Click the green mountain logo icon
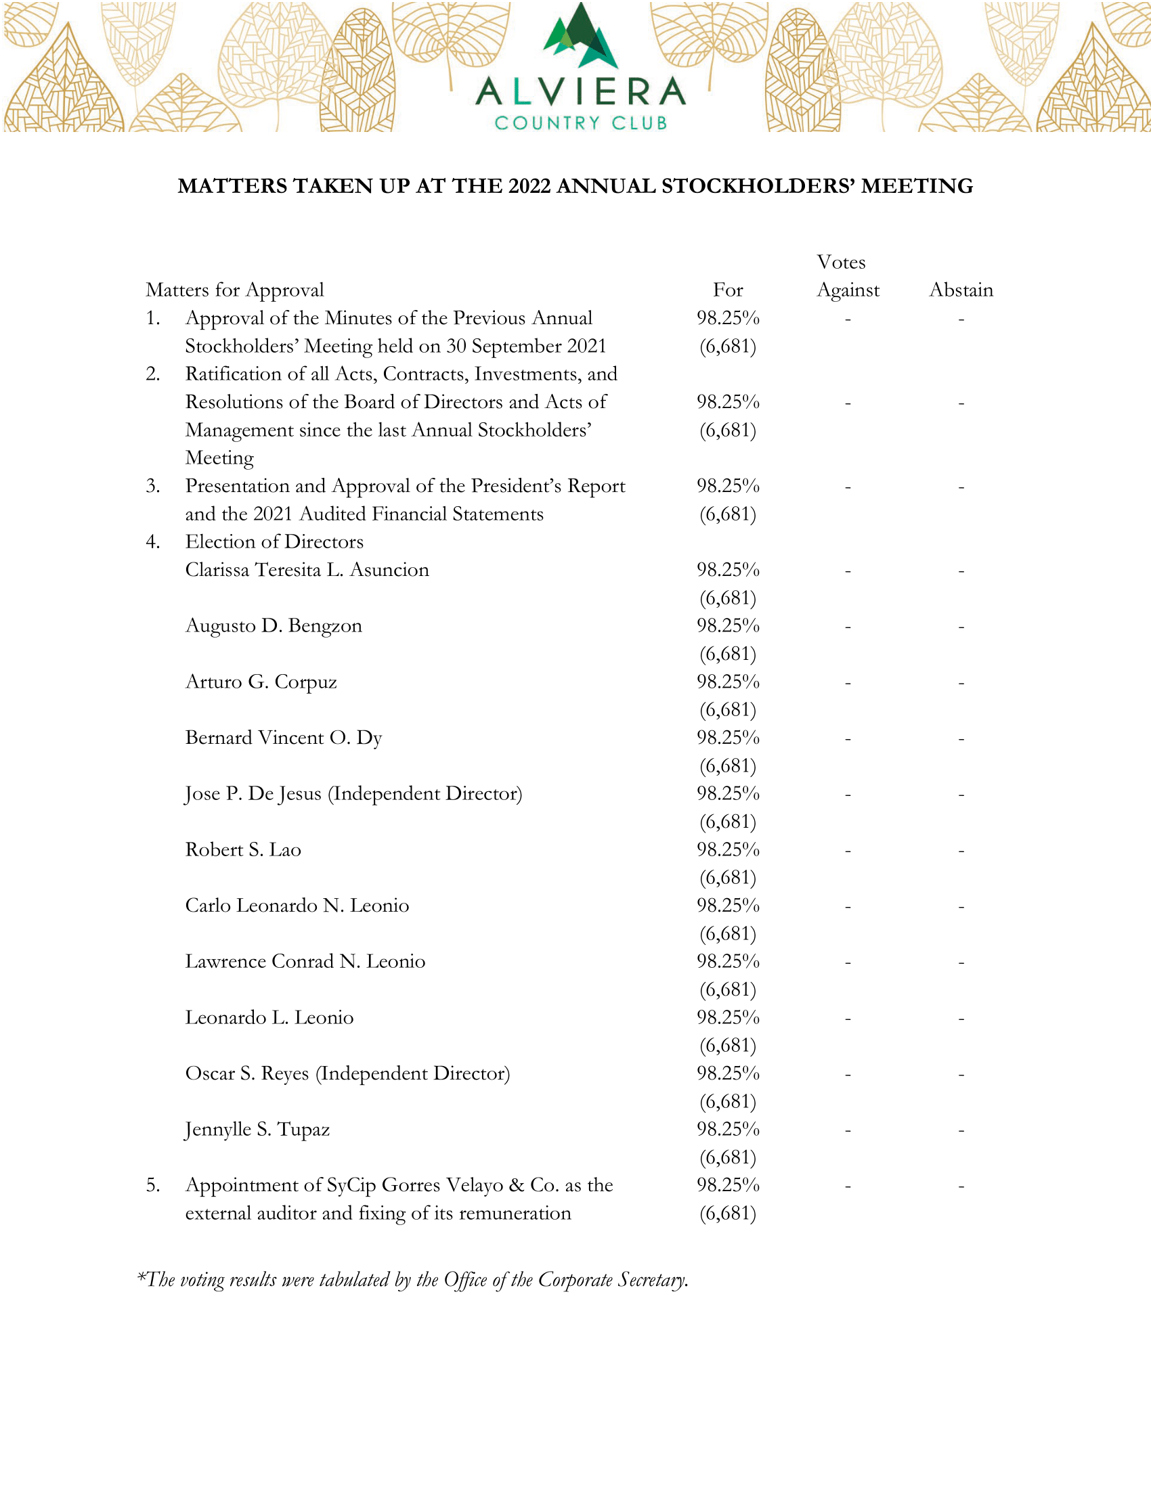point(580,37)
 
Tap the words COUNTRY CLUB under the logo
point(580,123)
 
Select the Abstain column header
point(961,290)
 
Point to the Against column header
point(848,290)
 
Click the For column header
point(728,290)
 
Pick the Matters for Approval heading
point(234,290)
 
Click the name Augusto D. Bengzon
point(274,626)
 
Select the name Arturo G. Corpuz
point(261,682)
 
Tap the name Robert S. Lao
point(243,849)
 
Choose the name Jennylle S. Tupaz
point(257,1130)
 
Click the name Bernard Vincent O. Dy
point(284,738)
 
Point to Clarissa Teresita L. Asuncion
point(307,570)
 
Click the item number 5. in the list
point(153,1186)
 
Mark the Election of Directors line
point(274,542)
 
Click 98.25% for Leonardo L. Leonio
point(728,1018)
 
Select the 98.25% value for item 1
point(728,318)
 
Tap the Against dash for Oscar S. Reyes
point(848,1075)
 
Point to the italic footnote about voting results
point(413,1280)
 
